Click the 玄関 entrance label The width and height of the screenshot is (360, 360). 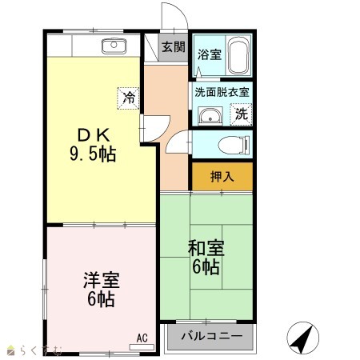coord(174,47)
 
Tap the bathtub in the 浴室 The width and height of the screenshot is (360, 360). coord(239,55)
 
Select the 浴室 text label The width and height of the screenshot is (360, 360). coord(210,54)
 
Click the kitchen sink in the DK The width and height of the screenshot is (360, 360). coord(114,46)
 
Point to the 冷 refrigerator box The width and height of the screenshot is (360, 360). coord(129,98)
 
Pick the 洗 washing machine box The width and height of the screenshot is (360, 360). coord(241,114)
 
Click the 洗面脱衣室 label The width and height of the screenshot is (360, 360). coord(222,92)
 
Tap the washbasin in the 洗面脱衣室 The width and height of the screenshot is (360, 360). coord(210,117)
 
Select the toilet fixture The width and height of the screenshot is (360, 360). coord(234,145)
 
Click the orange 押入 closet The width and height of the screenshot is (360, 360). coord(222,177)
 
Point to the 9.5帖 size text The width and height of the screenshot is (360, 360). coord(93,154)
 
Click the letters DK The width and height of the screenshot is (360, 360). coord(94,135)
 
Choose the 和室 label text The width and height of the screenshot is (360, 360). coord(206,248)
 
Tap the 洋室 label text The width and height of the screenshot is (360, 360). coord(102,280)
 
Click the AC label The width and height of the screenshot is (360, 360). coord(142,338)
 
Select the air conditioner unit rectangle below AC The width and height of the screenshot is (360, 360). coord(142,347)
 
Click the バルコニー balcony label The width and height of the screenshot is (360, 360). coord(212,336)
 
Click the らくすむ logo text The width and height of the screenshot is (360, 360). coord(40,350)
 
